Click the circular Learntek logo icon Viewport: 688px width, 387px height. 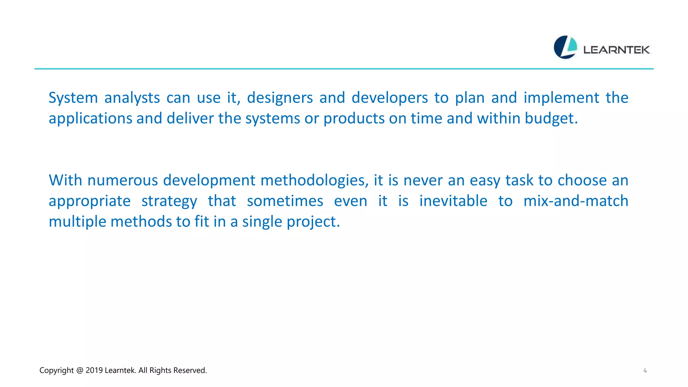(565, 47)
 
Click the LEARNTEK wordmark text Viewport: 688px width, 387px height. (616, 50)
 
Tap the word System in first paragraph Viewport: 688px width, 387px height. (73, 98)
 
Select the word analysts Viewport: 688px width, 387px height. (132, 98)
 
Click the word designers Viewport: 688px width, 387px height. (280, 98)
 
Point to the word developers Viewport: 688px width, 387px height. (389, 98)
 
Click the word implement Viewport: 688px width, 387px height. (561, 98)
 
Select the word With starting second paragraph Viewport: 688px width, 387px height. (65, 181)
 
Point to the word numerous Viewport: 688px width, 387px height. (122, 181)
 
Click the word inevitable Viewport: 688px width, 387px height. (453, 201)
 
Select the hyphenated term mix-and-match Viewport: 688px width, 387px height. (575, 201)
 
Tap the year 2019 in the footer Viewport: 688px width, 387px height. (94, 370)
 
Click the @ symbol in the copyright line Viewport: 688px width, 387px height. (80, 370)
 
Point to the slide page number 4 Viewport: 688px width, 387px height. (645, 371)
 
